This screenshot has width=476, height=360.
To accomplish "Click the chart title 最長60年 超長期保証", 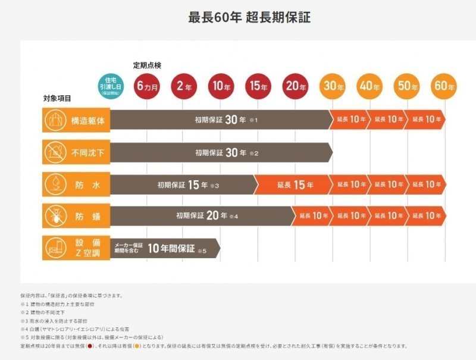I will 249,18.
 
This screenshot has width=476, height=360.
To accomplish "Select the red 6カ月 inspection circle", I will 148,86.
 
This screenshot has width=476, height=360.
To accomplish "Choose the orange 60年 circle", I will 444,86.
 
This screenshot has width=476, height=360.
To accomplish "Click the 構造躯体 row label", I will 88,120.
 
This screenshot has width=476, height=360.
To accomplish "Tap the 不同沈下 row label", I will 88,153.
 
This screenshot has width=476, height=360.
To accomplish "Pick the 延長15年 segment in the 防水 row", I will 294,185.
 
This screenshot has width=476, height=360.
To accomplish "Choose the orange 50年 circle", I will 407,86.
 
